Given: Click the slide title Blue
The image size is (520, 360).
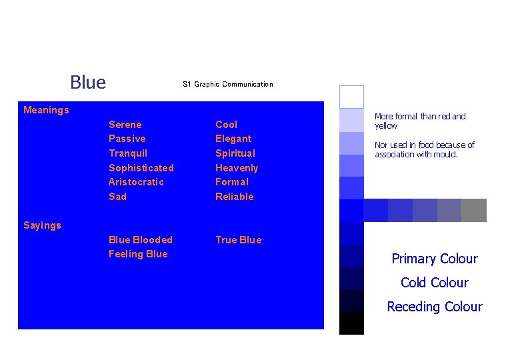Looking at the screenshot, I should click(88, 83).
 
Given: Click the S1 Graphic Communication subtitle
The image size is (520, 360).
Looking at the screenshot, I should click(227, 84).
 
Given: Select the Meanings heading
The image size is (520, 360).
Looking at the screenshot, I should click(46, 110).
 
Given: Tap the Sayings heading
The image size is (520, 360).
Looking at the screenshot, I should click(42, 225).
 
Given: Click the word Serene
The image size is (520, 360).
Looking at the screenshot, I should click(125, 125).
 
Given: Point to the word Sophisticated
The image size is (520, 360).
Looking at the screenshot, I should click(141, 168).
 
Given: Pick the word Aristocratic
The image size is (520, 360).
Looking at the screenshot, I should click(136, 182).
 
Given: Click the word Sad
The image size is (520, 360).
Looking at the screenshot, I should click(117, 197).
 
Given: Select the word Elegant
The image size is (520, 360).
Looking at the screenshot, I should click(233, 139).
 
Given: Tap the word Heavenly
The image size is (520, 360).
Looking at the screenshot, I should click(237, 168).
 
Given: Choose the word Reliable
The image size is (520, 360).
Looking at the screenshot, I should click(235, 197).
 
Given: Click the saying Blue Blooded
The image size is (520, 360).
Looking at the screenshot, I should click(141, 240).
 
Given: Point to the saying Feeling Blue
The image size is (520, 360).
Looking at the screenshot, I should click(138, 254).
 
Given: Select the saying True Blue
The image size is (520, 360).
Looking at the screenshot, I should click(239, 240).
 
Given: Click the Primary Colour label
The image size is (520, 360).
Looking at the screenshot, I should click(435, 259).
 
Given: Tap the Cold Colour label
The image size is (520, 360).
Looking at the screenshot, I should click(435, 283).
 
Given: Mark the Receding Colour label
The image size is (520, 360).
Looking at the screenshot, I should click(435, 307).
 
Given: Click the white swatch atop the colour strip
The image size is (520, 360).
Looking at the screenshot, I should click(351, 97).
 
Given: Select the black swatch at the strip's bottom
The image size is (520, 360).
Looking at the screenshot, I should click(351, 323).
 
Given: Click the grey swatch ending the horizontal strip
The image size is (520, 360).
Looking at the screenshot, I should click(474, 210).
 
